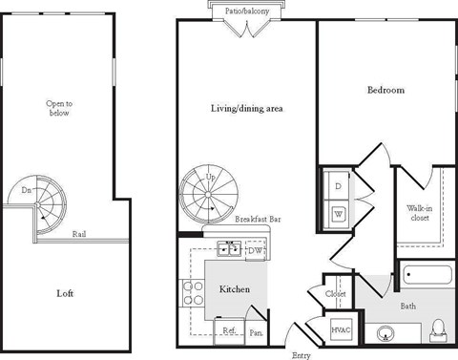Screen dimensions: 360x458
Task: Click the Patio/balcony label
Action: [247, 11]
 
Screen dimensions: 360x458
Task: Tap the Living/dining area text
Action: [247, 109]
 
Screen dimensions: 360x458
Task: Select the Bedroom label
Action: [385, 91]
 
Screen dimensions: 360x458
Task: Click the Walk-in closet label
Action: [419, 213]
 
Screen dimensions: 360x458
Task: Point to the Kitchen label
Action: [235, 287]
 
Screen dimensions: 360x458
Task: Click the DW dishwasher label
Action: [255, 251]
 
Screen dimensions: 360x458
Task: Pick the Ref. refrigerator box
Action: [229, 330]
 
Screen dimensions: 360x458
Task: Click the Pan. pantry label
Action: [256, 332]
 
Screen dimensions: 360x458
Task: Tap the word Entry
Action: [301, 354]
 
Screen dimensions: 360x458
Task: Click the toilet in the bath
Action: [439, 329]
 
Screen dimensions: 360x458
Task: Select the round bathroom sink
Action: [386, 333]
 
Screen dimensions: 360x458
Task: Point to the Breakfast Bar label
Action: [257, 219]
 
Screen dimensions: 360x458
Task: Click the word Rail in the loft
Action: [80, 233]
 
